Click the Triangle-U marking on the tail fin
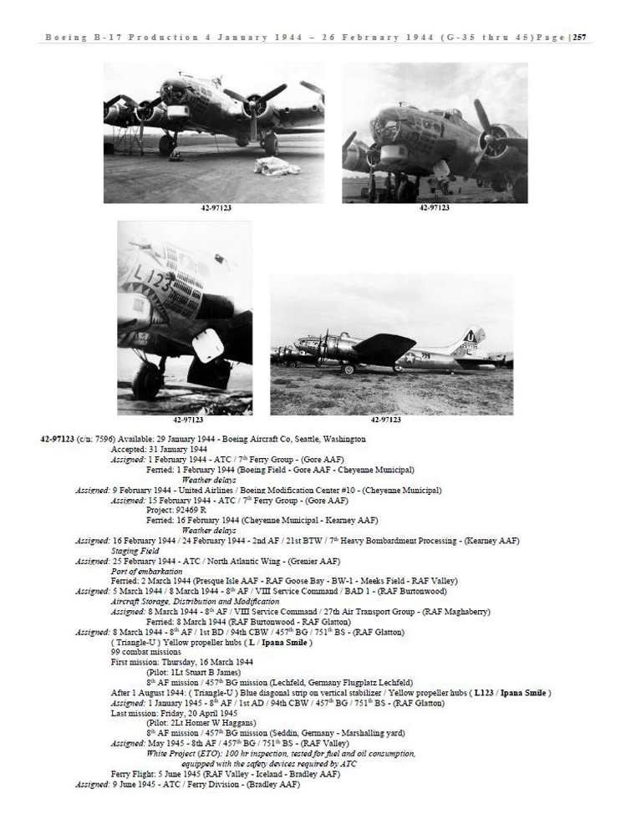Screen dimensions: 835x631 474,338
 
